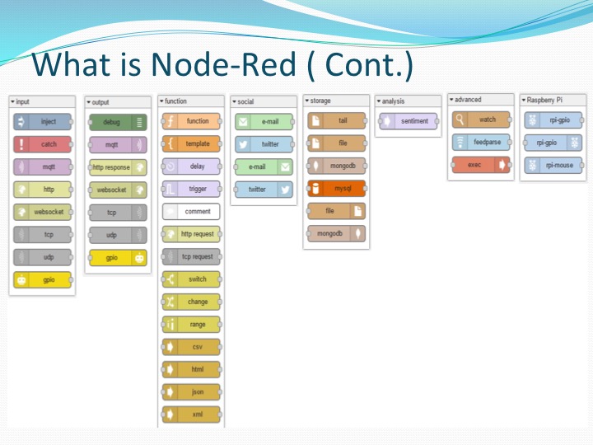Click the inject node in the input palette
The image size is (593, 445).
[x=43, y=122]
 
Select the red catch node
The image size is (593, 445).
[x=43, y=144]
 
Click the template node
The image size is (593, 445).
[x=191, y=143]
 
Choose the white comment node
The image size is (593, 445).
[x=191, y=211]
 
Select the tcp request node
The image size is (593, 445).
[x=191, y=256]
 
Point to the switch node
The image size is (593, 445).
[x=191, y=279]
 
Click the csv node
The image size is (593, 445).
[x=191, y=347]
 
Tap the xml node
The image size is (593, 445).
[x=191, y=415]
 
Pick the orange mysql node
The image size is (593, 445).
[x=337, y=188]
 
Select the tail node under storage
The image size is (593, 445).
[x=337, y=120]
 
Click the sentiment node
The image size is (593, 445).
[x=409, y=121]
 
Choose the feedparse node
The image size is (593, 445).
[x=481, y=142]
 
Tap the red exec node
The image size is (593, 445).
[x=481, y=164]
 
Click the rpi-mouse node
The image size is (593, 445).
[x=553, y=165]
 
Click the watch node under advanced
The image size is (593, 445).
[x=481, y=119]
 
